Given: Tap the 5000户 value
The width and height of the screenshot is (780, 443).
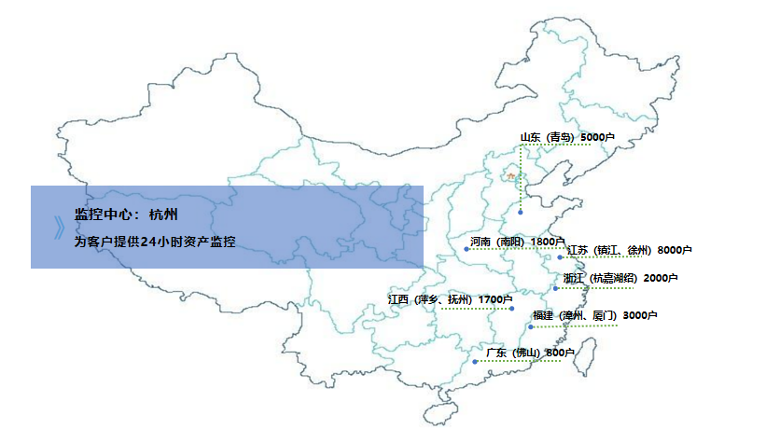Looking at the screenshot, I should pyautogui.click(x=597, y=138).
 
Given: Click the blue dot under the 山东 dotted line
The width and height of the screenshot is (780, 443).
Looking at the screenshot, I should pyautogui.click(x=520, y=214).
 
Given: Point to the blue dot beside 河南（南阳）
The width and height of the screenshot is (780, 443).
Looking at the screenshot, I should pyautogui.click(x=467, y=249).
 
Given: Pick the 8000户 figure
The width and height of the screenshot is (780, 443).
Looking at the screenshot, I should pyautogui.click(x=674, y=250).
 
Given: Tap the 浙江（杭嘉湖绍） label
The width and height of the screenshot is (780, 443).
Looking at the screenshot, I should pyautogui.click(x=600, y=278).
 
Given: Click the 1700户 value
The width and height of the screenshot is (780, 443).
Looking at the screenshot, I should pyautogui.click(x=494, y=299).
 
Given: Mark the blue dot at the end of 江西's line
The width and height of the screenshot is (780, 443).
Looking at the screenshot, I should pyautogui.click(x=512, y=309).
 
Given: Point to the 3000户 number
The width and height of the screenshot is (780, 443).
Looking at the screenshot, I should pyautogui.click(x=641, y=315).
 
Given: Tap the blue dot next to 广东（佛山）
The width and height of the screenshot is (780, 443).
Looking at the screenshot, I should pyautogui.click(x=475, y=360).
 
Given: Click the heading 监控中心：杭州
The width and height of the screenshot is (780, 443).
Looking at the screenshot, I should pyautogui.click(x=120, y=214).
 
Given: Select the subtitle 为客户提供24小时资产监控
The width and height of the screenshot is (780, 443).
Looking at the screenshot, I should pyautogui.click(x=155, y=242).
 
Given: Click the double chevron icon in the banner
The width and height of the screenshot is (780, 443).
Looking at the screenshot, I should pyautogui.click(x=59, y=228).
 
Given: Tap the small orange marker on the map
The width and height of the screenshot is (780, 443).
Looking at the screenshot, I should pyautogui.click(x=509, y=175).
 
